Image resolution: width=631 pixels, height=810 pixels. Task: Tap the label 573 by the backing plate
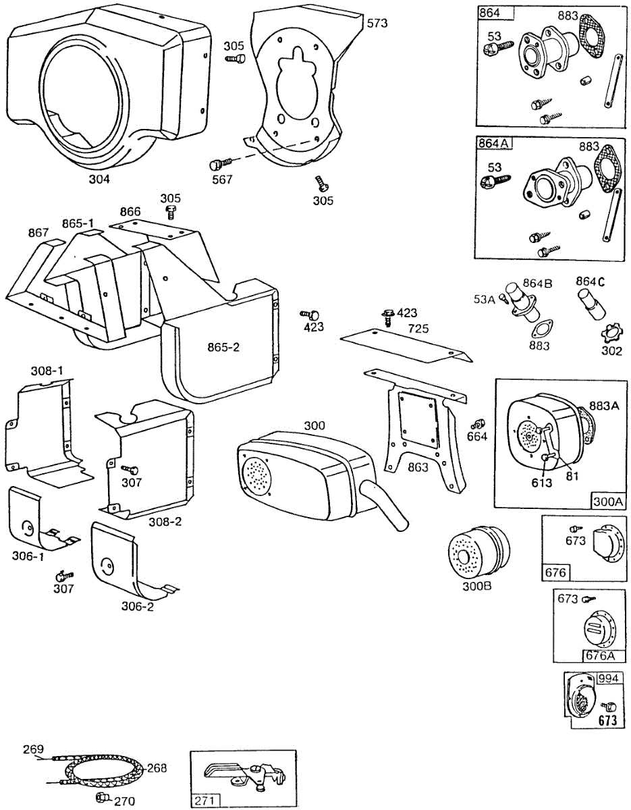377,23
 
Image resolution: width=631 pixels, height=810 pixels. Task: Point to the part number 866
131,211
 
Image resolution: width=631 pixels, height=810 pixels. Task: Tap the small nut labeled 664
476,425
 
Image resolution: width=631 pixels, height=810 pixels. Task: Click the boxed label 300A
608,502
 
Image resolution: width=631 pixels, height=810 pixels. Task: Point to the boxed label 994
609,678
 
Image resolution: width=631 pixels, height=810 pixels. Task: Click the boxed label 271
205,801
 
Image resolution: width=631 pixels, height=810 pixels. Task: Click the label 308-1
47,371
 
